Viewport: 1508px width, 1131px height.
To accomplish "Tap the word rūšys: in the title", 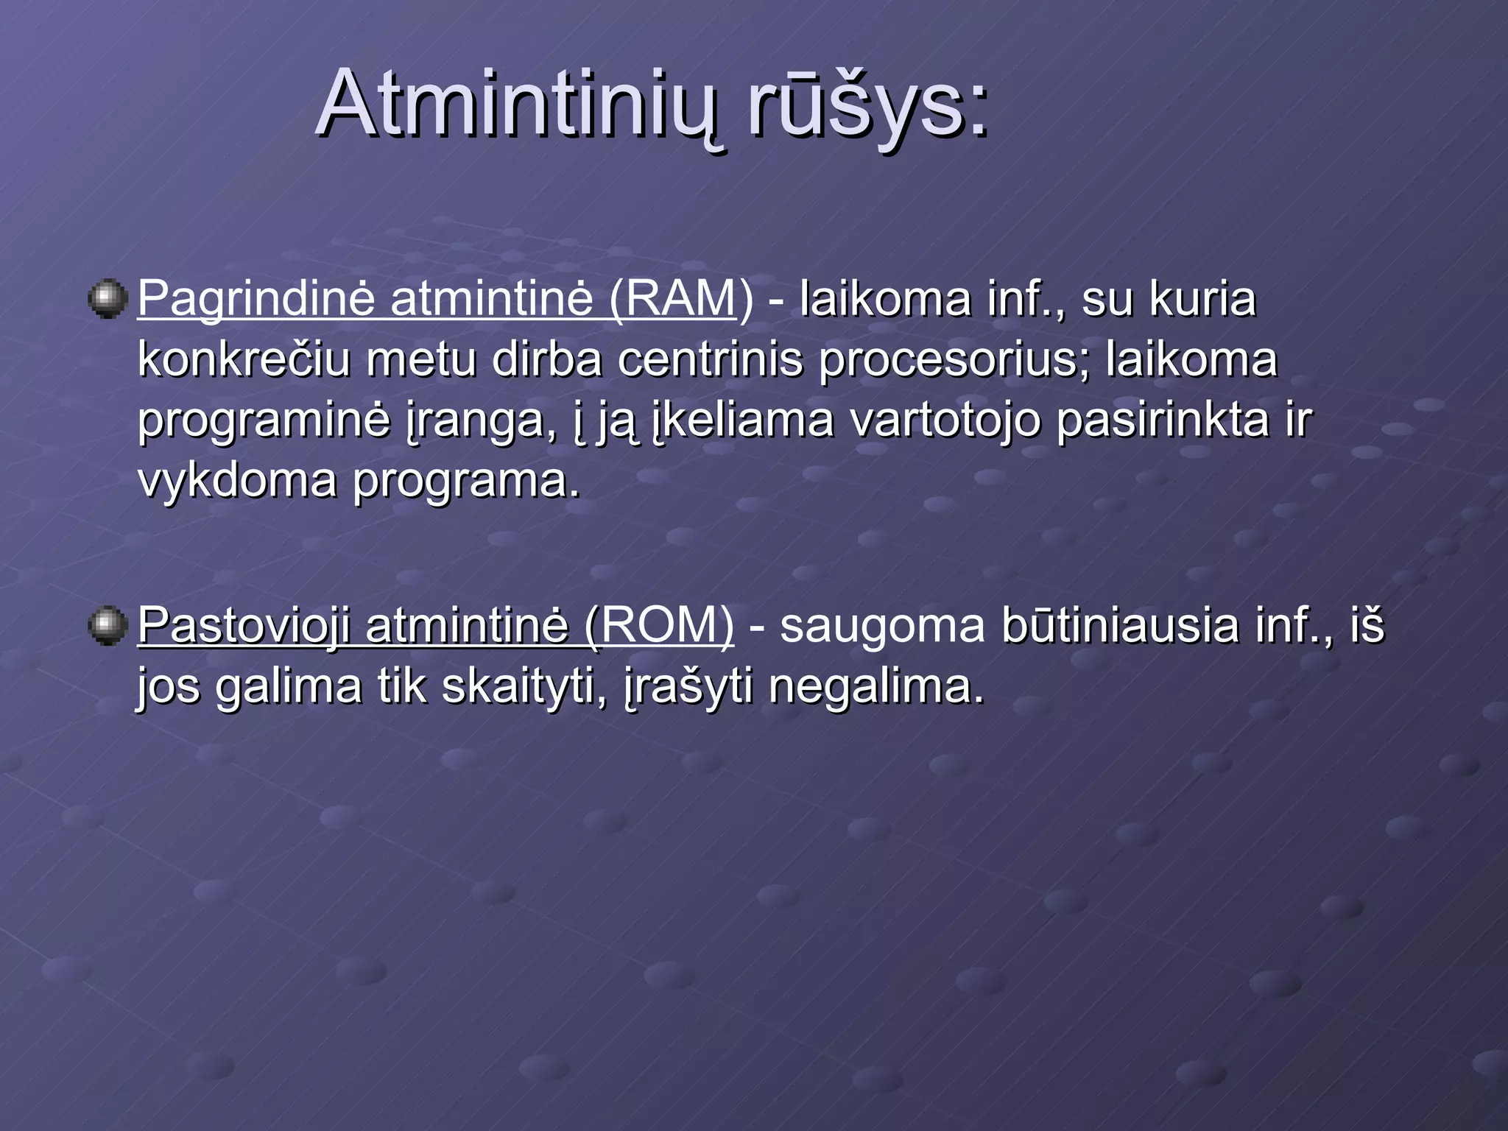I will [x=869, y=105].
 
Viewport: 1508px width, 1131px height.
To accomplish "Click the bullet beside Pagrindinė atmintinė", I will [x=108, y=299].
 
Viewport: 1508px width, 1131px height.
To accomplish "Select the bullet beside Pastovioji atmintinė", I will [x=108, y=625].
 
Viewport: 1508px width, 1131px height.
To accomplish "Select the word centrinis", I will [x=710, y=361].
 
